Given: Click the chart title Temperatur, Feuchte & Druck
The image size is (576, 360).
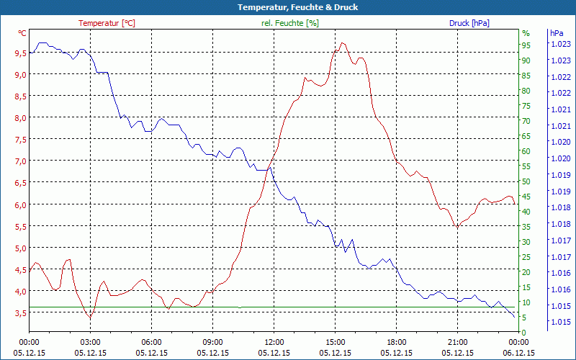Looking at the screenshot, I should click(x=287, y=7).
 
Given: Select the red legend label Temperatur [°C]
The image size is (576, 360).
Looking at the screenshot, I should click(x=107, y=23).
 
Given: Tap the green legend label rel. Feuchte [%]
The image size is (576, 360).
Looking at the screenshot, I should click(x=289, y=23).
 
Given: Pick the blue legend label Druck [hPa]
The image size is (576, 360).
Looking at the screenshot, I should click(x=469, y=23).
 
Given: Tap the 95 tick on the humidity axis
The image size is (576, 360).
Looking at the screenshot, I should click(x=526, y=45).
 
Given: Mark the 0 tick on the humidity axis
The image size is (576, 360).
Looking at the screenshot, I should click(x=524, y=332).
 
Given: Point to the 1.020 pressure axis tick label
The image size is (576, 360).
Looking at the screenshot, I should click(x=559, y=142).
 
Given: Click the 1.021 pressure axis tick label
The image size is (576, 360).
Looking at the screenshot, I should click(x=559, y=109).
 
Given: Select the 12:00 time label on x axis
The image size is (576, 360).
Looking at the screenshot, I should click(x=274, y=342).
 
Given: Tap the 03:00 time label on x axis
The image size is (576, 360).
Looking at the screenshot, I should click(x=90, y=342).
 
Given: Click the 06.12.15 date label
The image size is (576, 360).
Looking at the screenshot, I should click(x=518, y=353).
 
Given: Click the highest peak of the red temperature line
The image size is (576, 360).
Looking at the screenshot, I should click(x=342, y=43).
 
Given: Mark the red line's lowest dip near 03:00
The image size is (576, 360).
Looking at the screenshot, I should click(x=90, y=318).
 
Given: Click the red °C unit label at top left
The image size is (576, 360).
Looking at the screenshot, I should click(x=22, y=33).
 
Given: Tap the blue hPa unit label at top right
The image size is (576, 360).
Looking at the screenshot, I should click(x=557, y=33).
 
